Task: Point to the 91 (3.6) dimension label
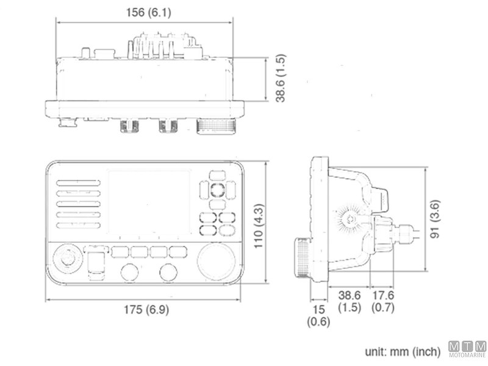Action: click(434, 220)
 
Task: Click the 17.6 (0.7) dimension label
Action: click(383, 301)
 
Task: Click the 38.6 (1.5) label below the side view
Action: click(349, 301)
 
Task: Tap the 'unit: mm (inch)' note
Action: click(402, 351)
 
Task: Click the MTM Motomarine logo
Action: click(467, 349)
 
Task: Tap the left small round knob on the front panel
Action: click(130, 272)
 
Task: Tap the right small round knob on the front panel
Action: click(168, 272)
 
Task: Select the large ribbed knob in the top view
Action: click(215, 126)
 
